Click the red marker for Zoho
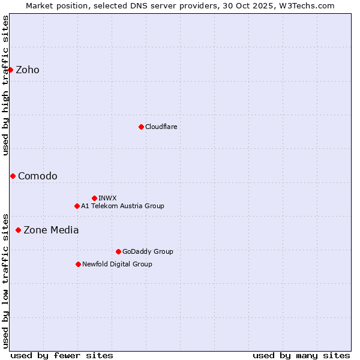pos(10,70)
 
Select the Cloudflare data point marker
pos(141,127)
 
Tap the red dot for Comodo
pos(13,176)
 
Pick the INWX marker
pos(94,198)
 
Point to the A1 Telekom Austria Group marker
pos(77,206)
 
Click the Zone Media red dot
pos(18,230)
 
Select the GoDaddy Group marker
pos(118,251)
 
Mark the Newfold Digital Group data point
pos(78,264)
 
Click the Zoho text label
pos(28,70)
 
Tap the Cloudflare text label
pos(161,127)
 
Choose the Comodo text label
pos(38,176)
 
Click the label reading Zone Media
pos(51,230)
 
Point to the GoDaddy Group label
pos(148,251)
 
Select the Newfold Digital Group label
pos(117,264)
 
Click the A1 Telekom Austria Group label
pos(122,206)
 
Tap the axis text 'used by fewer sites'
pos(62,355)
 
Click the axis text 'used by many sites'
pos(301,355)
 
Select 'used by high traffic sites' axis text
pos(6,85)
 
